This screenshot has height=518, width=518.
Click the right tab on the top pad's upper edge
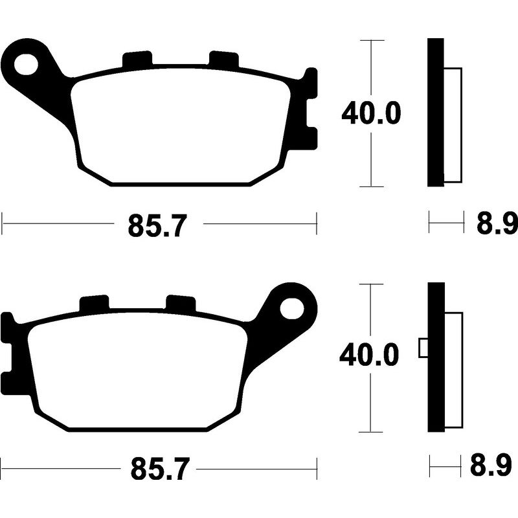[x=223, y=59]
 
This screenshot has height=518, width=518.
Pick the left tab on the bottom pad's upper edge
[x=94, y=303]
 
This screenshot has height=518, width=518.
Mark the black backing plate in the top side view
[x=436, y=113]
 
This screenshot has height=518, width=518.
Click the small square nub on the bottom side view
[x=424, y=348]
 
